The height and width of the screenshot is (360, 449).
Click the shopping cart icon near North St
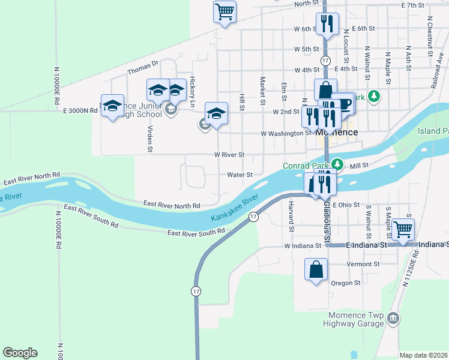[x=224, y=11]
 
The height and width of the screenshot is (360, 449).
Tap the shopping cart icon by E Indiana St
[x=403, y=229]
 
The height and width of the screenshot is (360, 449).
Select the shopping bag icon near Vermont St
[x=316, y=270]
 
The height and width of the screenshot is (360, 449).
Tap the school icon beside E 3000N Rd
[x=112, y=106]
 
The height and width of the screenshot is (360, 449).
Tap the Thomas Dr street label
[x=142, y=67]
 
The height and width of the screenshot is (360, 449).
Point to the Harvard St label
[x=291, y=217]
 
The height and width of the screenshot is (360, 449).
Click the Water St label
[x=240, y=175]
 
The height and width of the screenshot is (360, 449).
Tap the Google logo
[x=20, y=353]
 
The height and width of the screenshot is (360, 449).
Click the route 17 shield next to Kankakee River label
[x=254, y=217]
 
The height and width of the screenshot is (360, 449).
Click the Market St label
[x=262, y=89]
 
